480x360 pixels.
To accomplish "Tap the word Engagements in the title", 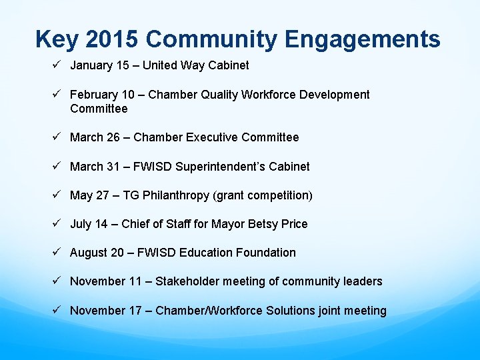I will (x=363, y=39).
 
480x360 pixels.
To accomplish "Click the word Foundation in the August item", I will (x=265, y=253).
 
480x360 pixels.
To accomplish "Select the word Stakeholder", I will (x=187, y=281).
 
